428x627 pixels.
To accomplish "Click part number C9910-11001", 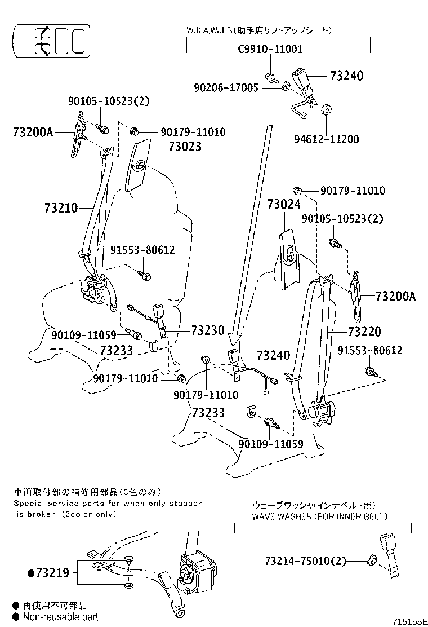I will (270, 49).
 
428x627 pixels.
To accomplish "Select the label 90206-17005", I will (226, 87).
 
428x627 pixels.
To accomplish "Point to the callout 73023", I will (185, 147).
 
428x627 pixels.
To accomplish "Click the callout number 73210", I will (61, 207).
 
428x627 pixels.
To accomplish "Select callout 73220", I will (364, 332).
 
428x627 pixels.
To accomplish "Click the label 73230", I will (207, 330).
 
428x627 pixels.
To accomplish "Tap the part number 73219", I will (52, 573).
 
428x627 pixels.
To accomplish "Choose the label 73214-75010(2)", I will (305, 560).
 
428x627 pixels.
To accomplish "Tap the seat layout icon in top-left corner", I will (51, 41).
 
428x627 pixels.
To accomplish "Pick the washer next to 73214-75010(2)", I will (372, 560).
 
